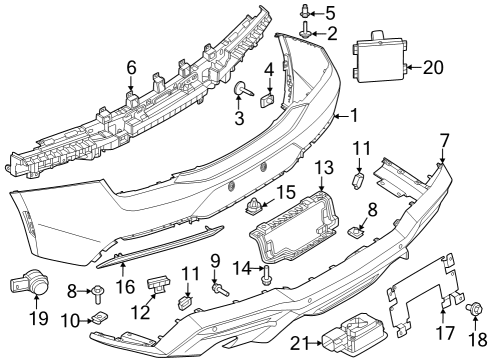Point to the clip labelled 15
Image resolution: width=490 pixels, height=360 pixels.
(x=255, y=208)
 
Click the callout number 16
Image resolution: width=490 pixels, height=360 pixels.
(x=124, y=285)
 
